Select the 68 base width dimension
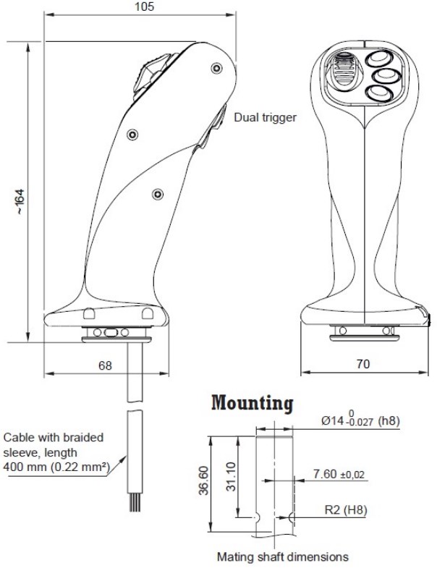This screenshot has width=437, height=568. tap(105, 365)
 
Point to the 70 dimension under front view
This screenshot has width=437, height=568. tap(363, 365)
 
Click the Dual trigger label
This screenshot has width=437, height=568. tap(266, 116)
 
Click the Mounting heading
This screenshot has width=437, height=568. tap(252, 403)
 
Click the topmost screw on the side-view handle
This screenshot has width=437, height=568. tap(216, 67)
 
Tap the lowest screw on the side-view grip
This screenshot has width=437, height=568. tap(158, 193)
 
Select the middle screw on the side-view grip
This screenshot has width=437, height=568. tap(132, 134)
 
